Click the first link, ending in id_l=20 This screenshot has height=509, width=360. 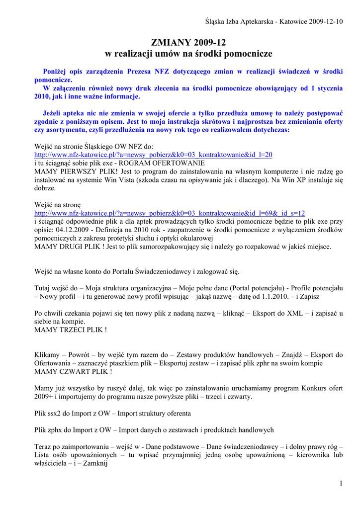[153, 155]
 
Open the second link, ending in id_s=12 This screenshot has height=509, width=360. [169, 213]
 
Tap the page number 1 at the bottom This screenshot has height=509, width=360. [341, 484]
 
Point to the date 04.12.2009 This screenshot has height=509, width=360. [71, 230]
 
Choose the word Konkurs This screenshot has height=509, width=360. [303, 388]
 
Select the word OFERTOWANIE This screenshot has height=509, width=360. [176, 163]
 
